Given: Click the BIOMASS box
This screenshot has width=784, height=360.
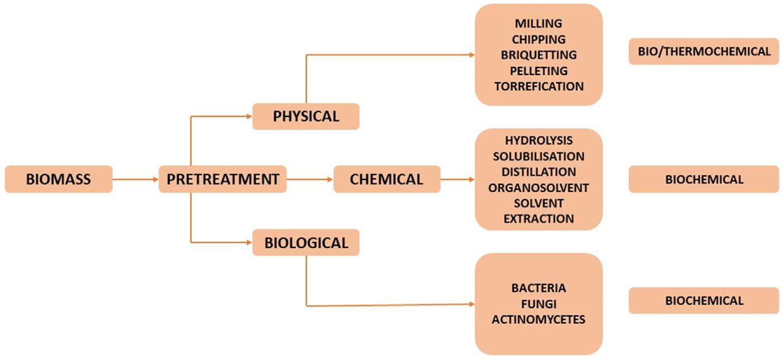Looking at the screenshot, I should [x=59, y=179].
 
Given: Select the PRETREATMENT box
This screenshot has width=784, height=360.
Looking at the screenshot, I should [x=222, y=179].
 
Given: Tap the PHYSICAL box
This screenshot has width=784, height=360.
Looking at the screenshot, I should [x=305, y=116].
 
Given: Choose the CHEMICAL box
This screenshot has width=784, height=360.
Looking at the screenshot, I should [x=386, y=179].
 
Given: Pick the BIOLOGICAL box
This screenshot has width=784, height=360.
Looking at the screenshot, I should [x=305, y=243].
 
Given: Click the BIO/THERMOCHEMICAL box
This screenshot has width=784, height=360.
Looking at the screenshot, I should [x=704, y=51].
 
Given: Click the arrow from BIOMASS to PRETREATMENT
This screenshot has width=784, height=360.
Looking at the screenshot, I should [x=136, y=179].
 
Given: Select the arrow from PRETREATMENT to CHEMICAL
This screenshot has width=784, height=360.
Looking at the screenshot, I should [x=310, y=179].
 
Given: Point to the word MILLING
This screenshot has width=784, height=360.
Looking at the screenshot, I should [x=538, y=24].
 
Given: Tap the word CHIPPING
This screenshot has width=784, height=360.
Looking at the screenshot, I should [x=538, y=40].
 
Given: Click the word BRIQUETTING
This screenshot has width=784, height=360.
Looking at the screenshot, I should [x=538, y=55].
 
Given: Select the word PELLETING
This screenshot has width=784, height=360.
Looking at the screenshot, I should [x=538, y=71].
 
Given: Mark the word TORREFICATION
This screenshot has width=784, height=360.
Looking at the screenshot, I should [x=538, y=87].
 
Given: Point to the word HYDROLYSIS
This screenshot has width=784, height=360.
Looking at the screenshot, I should [x=538, y=140].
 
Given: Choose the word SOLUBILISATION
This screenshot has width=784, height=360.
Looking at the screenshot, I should [x=538, y=156].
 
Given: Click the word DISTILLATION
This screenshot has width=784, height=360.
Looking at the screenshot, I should [x=538, y=172].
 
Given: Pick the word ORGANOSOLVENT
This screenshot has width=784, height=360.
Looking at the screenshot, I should [x=538, y=188].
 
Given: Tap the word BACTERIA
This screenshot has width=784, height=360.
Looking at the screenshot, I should [x=538, y=288].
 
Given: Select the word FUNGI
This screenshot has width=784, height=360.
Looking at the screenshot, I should [x=538, y=304].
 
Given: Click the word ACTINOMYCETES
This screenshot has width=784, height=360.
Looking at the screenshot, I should [x=538, y=319].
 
